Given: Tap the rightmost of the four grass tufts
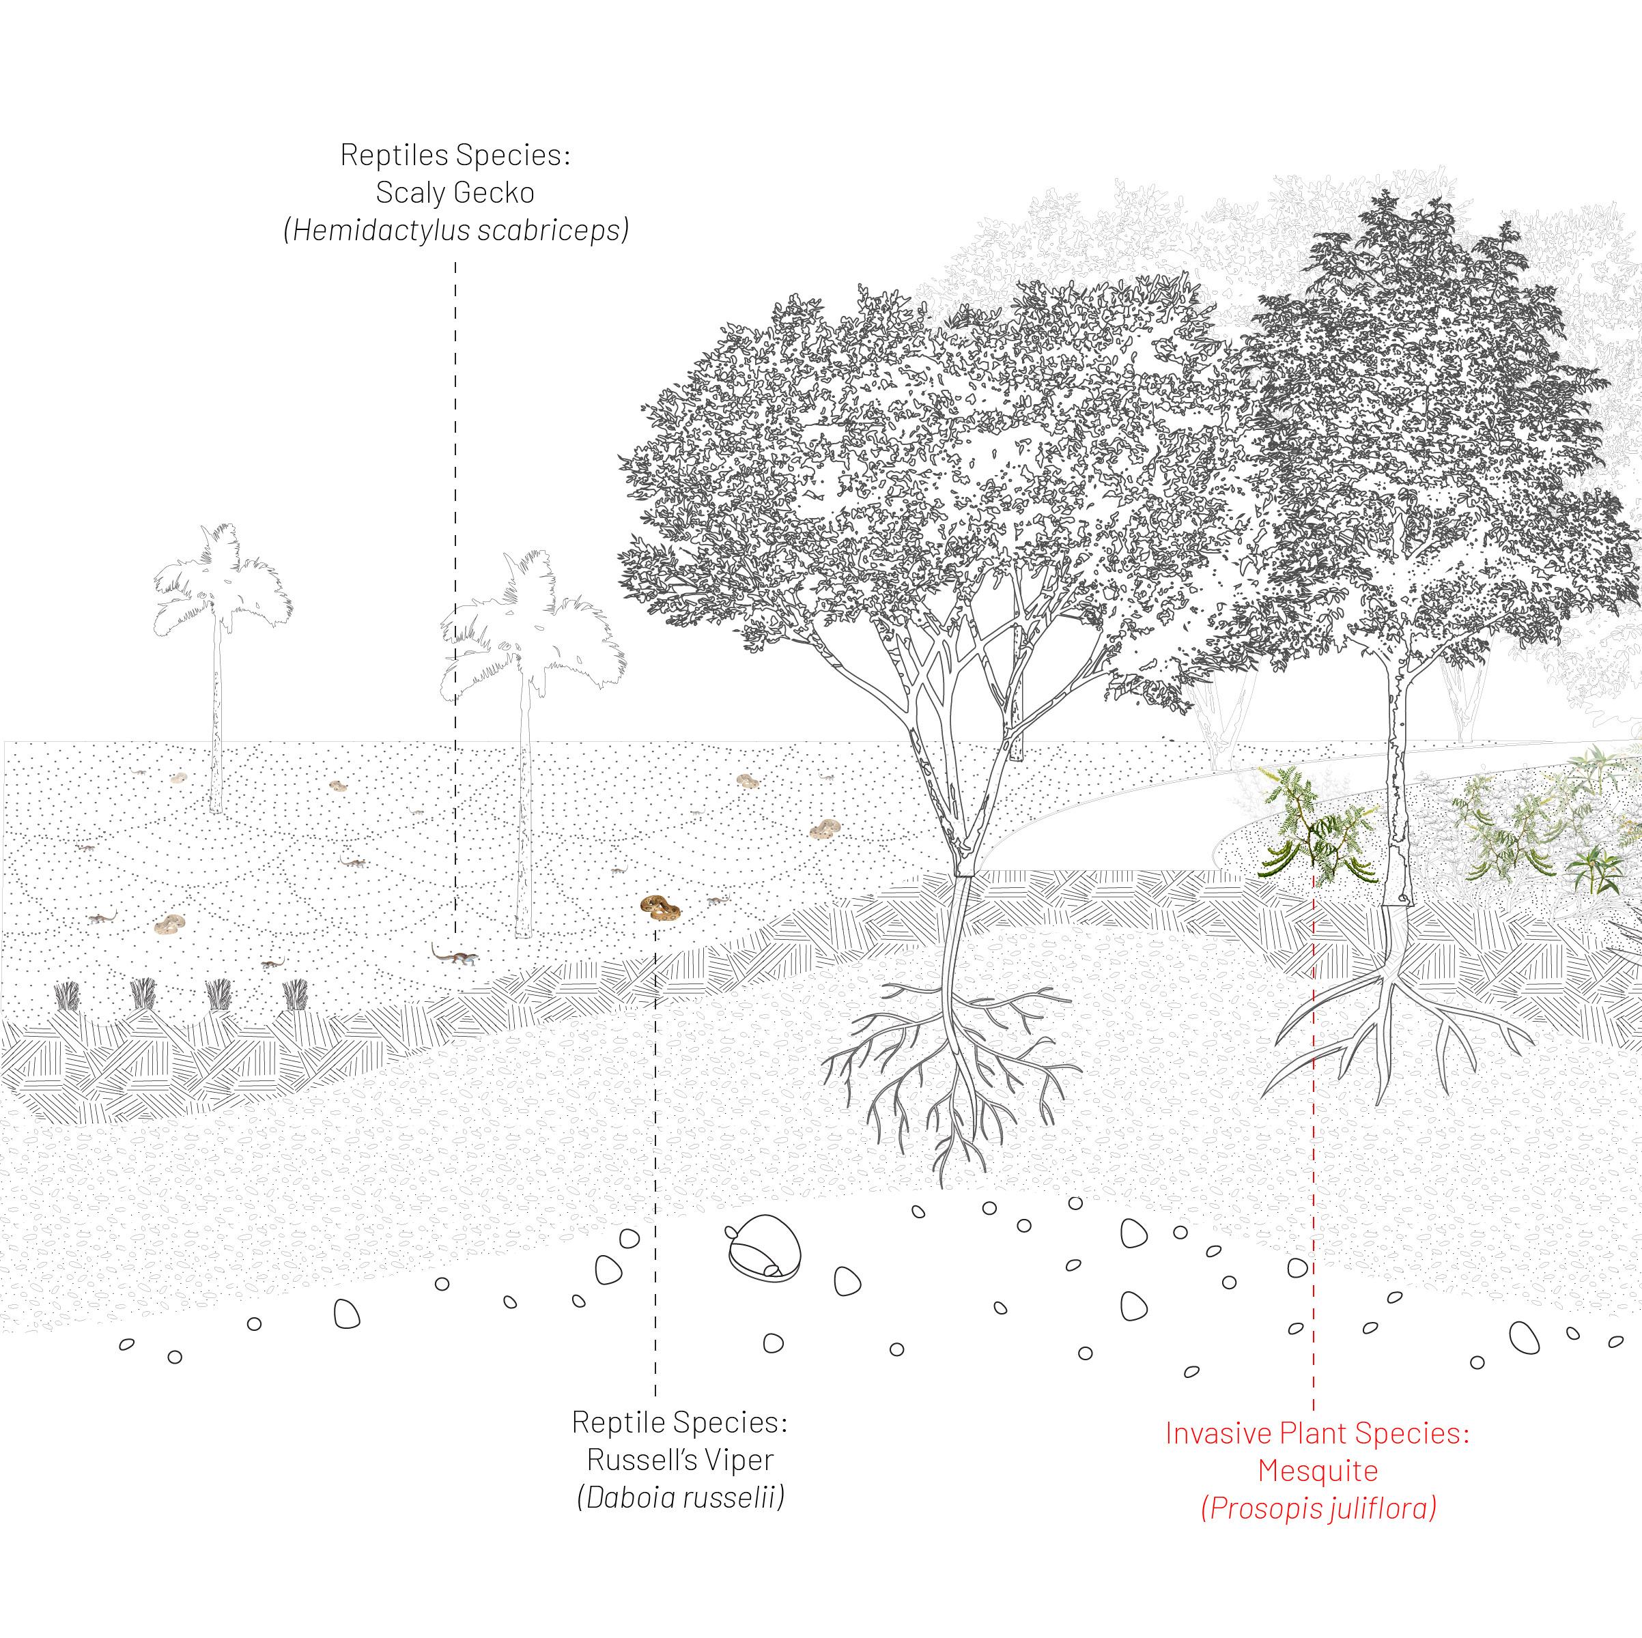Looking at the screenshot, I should pos(295,994).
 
